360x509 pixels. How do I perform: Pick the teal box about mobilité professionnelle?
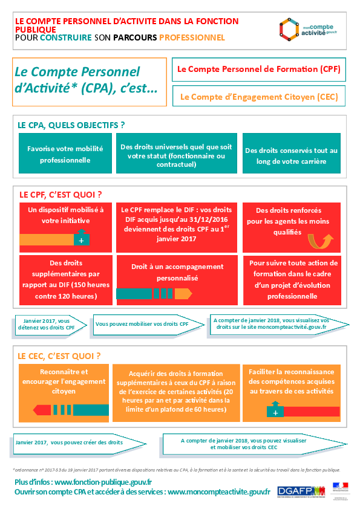pos(65,155)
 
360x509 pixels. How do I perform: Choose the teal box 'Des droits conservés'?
pos(292,156)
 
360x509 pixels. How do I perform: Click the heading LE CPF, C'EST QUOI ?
pos(61,195)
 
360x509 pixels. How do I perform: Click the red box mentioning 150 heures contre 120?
pos(65,279)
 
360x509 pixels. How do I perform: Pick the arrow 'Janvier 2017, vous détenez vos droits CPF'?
pos(48,323)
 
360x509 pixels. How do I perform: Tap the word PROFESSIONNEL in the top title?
pos(192,37)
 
